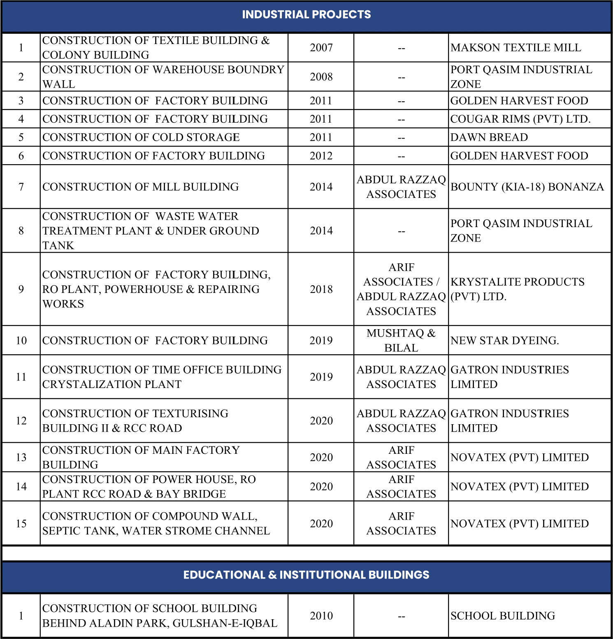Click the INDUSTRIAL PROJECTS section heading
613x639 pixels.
click(x=306, y=15)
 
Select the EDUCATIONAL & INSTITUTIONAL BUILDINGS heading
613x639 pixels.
click(x=306, y=575)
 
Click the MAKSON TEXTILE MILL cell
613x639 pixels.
click(x=515, y=48)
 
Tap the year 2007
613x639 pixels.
click(x=321, y=48)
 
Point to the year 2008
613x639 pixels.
click(x=321, y=77)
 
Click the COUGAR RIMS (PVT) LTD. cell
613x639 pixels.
click(x=520, y=119)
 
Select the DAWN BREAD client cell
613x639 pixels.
click(x=489, y=137)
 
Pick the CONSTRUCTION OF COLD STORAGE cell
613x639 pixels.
click(x=141, y=137)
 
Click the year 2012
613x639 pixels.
click(x=321, y=156)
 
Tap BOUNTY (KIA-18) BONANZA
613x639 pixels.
click(x=527, y=187)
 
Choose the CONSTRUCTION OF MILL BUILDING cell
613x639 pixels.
click(x=140, y=187)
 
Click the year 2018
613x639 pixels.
click(x=321, y=289)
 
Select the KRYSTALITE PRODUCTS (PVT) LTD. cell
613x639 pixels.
click(x=517, y=289)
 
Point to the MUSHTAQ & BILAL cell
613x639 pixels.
click(x=401, y=340)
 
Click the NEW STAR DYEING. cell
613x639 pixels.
click(x=504, y=341)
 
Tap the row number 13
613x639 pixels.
click(x=21, y=458)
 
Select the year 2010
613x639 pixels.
click(x=321, y=616)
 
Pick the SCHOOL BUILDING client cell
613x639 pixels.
click(x=502, y=616)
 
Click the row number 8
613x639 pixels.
click(x=21, y=231)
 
